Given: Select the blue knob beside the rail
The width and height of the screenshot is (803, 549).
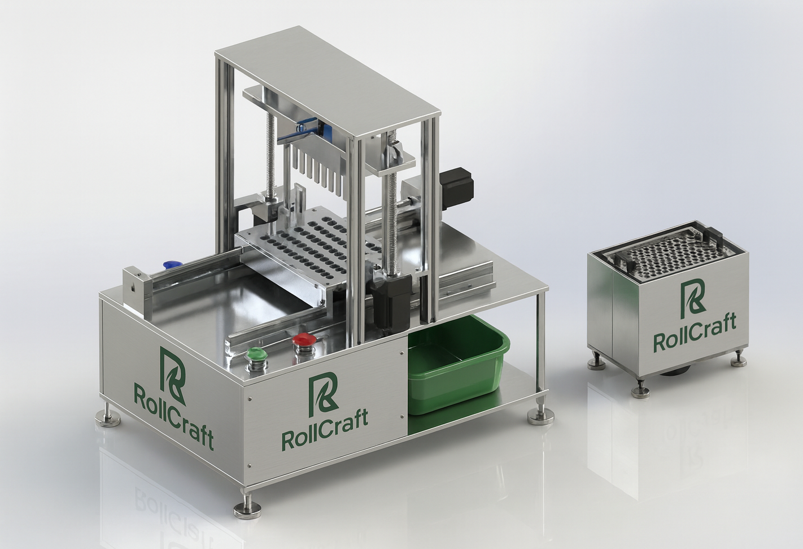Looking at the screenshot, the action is coord(171,265).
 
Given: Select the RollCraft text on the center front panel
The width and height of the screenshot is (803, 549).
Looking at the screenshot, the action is coord(325,430).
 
